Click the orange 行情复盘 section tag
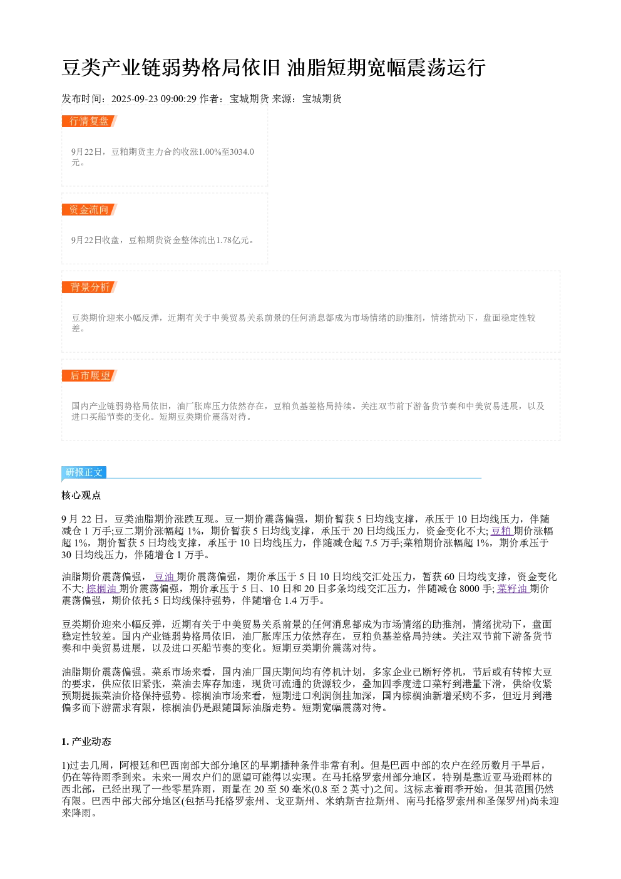pyautogui.click(x=89, y=122)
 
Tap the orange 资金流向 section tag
pyautogui.click(x=89, y=209)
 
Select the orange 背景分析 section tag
pyautogui.click(x=89, y=287)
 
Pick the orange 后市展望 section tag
pyautogui.click(x=89, y=375)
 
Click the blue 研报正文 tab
pyautogui.click(x=84, y=472)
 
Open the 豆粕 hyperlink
pyautogui.click(x=501, y=531)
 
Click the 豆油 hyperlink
pyautogui.click(x=165, y=576)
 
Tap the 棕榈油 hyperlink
pyautogui.click(x=102, y=589)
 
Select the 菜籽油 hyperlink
pyautogui.click(x=513, y=589)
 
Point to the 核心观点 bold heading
pyautogui.click(x=81, y=496)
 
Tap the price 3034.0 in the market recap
pyautogui.click(x=242, y=152)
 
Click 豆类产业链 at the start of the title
pyautogui.click(x=101, y=68)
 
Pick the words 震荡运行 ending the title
pyautogui.click(x=446, y=68)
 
